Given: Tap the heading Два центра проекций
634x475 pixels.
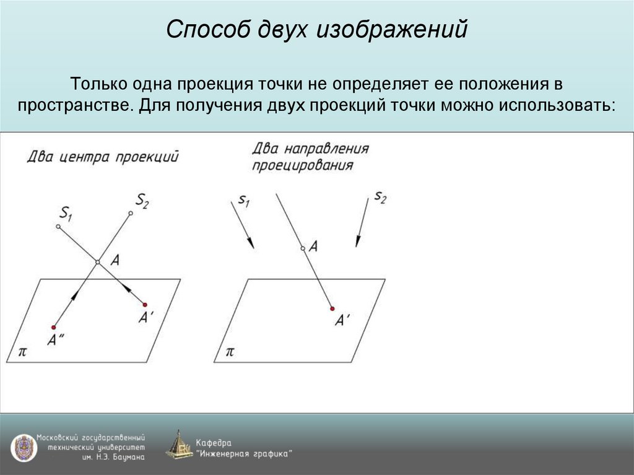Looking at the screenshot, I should (103, 157).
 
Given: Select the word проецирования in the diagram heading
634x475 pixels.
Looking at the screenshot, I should (303, 166).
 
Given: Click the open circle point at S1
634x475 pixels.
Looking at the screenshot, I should (58, 227).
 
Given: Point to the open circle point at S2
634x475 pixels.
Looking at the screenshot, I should (130, 214).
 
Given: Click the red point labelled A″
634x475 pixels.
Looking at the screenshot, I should (54, 327).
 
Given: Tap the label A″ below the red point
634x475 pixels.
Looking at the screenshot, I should (57, 339).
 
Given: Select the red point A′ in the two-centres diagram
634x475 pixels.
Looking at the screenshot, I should (145, 305).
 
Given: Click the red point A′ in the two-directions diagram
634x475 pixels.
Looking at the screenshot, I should (332, 308).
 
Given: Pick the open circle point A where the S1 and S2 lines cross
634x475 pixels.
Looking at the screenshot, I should (97, 263).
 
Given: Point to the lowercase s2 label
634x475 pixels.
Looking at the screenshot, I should (380, 198).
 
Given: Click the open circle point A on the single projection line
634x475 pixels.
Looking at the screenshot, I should (303, 248).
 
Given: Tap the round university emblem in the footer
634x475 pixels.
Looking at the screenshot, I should (23, 447).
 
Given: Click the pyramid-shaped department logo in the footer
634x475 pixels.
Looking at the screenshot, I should (180, 445).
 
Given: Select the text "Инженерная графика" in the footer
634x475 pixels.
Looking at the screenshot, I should (244, 453).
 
